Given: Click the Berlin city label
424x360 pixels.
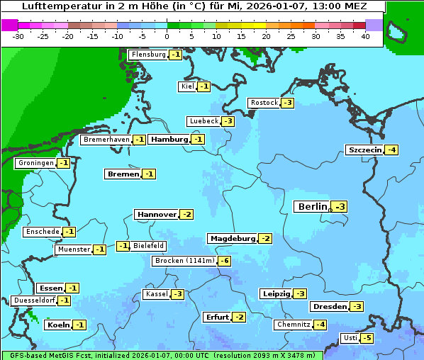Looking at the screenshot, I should [x=312, y=207].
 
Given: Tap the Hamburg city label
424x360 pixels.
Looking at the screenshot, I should [x=169, y=140].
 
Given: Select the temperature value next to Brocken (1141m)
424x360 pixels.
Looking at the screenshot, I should [x=224, y=261].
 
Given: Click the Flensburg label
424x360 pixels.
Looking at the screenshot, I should [x=148, y=55].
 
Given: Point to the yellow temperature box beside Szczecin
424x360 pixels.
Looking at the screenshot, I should [x=391, y=150].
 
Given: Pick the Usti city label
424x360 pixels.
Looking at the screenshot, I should [x=350, y=338].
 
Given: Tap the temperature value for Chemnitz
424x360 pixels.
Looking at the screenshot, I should [x=320, y=325].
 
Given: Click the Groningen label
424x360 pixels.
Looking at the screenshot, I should [x=35, y=163].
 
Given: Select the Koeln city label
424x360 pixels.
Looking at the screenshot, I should [x=57, y=325].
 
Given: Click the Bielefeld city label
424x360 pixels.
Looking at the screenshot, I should [x=149, y=246].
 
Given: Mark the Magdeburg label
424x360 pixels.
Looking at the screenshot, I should [x=232, y=238].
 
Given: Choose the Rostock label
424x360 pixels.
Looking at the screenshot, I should [x=264, y=103].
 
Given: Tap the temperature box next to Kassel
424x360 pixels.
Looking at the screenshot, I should [x=177, y=294].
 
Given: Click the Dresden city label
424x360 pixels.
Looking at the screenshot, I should [x=329, y=307].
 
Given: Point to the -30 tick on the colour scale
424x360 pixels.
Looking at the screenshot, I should [x=18, y=35].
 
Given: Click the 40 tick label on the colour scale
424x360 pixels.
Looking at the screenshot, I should [x=365, y=35].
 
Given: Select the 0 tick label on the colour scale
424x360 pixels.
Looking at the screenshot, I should [x=167, y=35].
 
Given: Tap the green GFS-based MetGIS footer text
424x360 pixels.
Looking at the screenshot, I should [x=162, y=355].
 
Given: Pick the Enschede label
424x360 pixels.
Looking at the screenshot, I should [x=42, y=232].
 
